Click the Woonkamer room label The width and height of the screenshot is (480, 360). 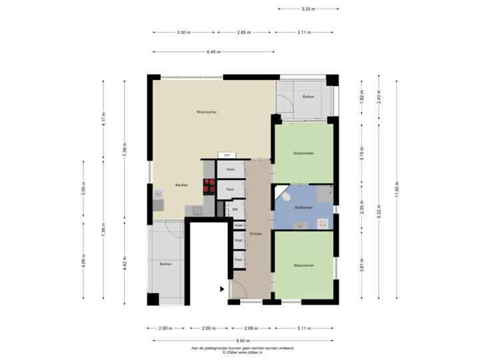(207, 112)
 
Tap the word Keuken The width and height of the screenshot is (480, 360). (181, 185)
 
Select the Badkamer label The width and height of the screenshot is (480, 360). (303, 207)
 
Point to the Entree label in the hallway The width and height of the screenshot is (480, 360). (256, 234)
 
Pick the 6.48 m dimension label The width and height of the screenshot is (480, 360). (213, 51)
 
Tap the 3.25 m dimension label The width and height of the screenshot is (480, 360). (307, 9)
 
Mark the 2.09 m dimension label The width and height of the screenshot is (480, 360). (251, 328)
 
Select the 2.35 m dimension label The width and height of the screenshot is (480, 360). (361, 206)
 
